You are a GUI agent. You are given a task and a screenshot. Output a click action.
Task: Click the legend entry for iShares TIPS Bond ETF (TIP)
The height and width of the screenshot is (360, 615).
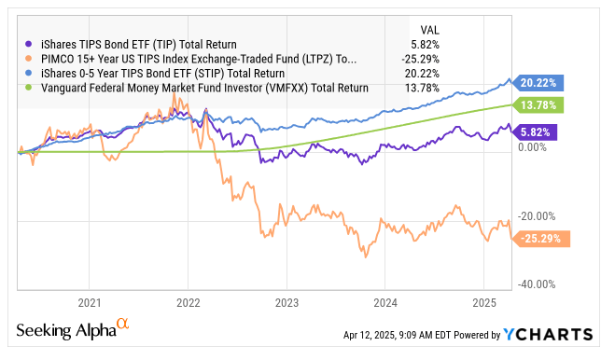pos(130,44)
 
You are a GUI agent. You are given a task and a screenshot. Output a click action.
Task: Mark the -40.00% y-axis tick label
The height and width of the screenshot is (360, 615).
pos(536,284)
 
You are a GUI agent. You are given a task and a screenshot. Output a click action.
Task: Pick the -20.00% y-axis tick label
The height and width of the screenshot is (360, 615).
pos(536,216)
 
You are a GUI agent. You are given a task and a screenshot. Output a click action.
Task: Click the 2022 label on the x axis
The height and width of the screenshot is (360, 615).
pos(189,303)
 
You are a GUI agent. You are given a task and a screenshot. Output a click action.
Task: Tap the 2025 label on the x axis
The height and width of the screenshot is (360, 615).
pos(484,303)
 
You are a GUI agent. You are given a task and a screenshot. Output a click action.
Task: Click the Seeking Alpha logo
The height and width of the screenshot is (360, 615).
pos(72,331)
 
